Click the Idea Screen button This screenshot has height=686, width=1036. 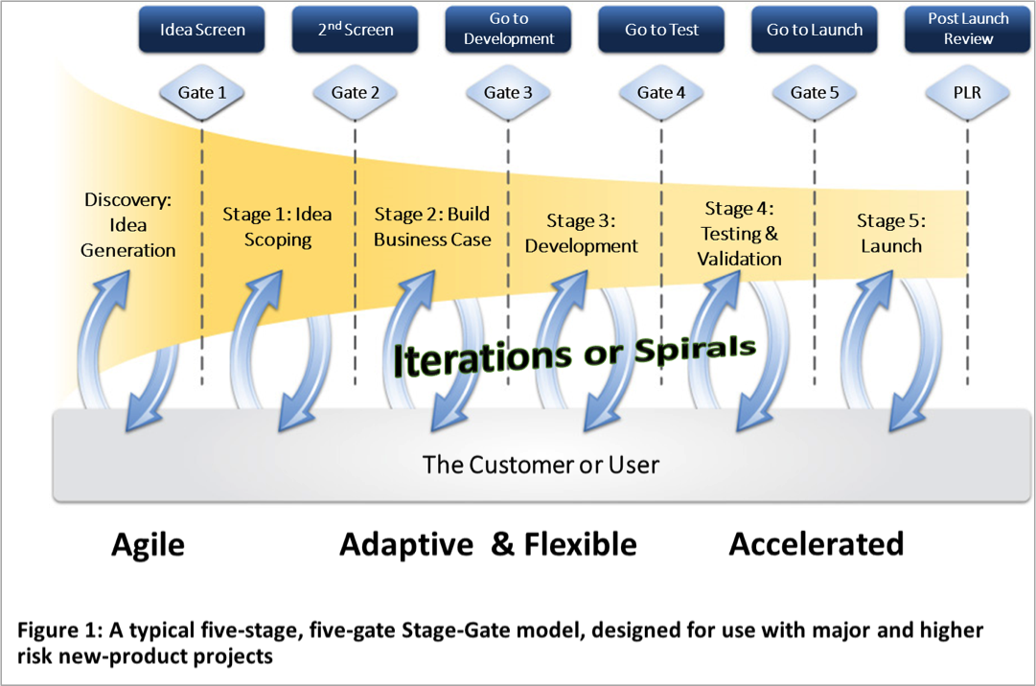click(202, 31)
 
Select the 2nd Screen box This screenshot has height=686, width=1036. click(356, 31)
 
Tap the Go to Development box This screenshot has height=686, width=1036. click(509, 30)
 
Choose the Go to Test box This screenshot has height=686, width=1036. click(661, 31)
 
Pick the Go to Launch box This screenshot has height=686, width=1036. click(815, 31)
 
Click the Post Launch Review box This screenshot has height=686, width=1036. click(968, 30)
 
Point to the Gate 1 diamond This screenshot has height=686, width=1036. click(202, 93)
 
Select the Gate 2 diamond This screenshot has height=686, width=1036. click(356, 93)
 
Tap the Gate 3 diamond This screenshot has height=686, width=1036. click(508, 93)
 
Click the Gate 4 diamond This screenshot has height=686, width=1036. click(661, 93)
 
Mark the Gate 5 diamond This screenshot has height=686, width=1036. click(815, 93)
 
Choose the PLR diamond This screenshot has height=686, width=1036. click(968, 93)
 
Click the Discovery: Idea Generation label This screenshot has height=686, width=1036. click(128, 225)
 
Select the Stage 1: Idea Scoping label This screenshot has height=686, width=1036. click(278, 227)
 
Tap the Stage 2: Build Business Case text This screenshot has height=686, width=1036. click(432, 227)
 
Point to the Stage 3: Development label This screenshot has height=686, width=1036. click(582, 234)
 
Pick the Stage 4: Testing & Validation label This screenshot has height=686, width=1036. click(739, 234)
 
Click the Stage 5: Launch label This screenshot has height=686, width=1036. click(891, 234)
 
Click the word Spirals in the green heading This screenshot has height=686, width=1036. click(695, 349)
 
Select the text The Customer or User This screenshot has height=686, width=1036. click(541, 466)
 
